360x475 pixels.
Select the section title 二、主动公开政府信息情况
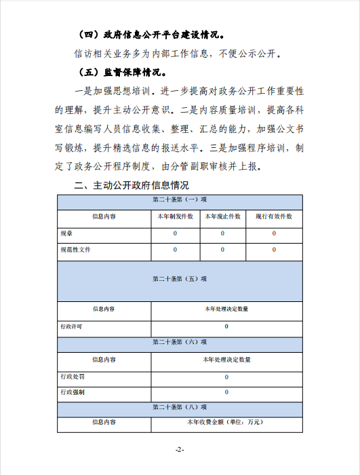click(132, 185)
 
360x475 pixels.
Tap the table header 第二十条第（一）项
click(180, 199)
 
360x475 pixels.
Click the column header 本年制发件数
click(175, 216)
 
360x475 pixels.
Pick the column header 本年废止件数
click(222, 216)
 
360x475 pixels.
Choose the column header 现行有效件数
click(274, 216)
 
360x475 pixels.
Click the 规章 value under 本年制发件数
click(175, 233)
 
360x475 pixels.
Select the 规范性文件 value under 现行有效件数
click(274, 250)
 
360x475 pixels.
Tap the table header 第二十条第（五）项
click(180, 279)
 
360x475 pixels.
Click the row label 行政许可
click(71, 326)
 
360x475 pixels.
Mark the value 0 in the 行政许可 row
click(226, 326)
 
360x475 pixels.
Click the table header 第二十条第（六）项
click(180, 342)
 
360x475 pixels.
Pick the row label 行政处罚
click(73, 377)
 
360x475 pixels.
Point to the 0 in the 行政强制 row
click(226, 392)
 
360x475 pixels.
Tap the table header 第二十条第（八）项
click(180, 406)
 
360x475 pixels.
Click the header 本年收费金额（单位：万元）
click(226, 422)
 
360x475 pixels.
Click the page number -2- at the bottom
click(180, 449)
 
